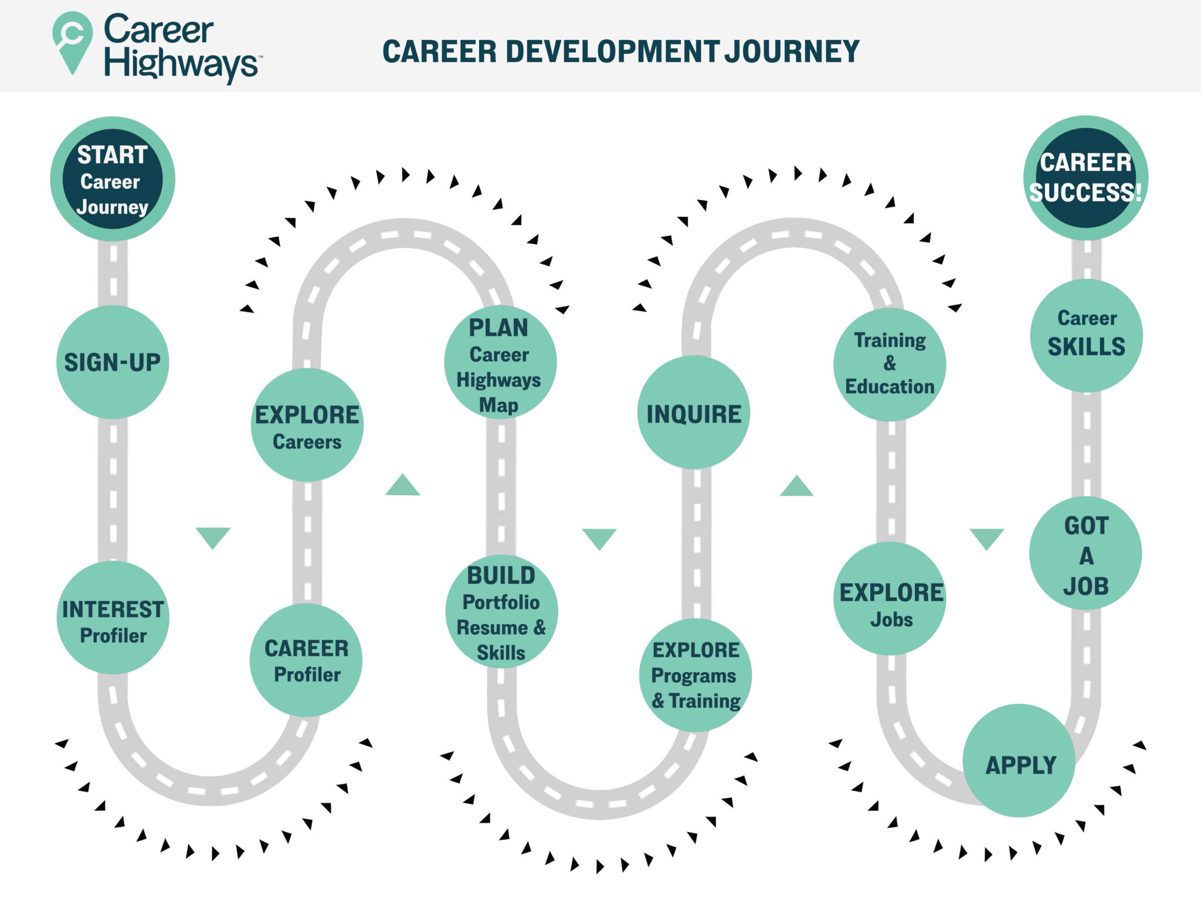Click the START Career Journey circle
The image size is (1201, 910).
point(112,179)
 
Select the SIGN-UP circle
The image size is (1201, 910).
point(112,362)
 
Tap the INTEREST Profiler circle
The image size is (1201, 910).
point(113,618)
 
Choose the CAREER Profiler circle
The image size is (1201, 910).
point(306,660)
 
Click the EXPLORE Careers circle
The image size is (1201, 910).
point(307,425)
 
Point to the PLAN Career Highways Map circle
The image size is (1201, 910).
point(500,362)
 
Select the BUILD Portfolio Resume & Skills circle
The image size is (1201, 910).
point(501,612)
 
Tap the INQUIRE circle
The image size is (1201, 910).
point(694,413)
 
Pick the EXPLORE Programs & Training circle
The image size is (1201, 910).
point(696,675)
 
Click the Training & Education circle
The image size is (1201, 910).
point(890,364)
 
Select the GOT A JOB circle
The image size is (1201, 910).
point(1085,554)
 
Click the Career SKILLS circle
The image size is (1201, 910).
point(1086,336)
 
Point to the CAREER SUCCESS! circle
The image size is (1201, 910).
point(1085,178)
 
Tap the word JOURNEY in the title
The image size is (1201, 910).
point(792,52)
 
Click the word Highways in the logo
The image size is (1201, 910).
point(181,63)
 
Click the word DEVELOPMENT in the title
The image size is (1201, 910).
point(612,52)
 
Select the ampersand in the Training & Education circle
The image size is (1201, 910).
point(890,363)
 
